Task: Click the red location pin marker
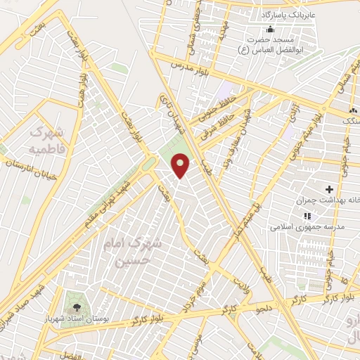pyautogui.click(x=181, y=165)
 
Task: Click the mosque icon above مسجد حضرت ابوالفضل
pyautogui.click(x=271, y=29)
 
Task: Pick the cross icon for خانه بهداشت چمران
pyautogui.click(x=328, y=189)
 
